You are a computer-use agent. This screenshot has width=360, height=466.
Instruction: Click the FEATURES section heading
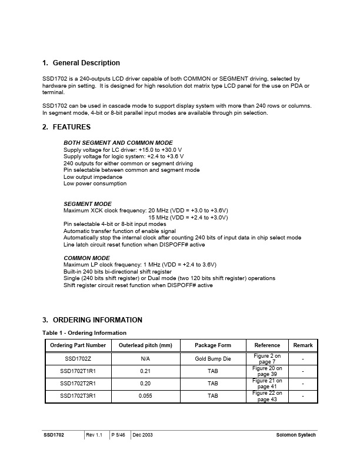click(71, 127)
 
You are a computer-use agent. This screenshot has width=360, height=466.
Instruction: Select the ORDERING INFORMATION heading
click(97, 320)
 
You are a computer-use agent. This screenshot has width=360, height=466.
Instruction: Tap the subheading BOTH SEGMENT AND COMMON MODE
click(118, 143)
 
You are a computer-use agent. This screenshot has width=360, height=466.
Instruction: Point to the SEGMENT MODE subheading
click(88, 204)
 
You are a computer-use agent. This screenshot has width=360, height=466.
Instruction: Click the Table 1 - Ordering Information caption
click(84, 333)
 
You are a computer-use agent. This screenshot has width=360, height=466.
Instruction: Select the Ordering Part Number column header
click(78, 345)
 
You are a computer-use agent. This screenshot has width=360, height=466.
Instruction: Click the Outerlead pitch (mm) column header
click(145, 345)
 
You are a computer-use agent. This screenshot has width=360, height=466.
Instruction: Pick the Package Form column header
click(212, 345)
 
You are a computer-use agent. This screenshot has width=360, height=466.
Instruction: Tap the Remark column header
click(303, 345)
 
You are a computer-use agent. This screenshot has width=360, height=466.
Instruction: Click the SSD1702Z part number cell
click(78, 358)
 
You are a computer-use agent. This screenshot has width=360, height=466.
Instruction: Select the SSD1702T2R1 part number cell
click(78, 384)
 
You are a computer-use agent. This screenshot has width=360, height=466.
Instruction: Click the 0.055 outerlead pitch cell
click(145, 397)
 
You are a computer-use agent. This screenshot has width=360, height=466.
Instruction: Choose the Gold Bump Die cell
click(212, 358)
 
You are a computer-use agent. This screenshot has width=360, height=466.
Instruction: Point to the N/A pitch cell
click(145, 358)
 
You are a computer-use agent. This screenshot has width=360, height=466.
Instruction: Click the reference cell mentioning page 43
click(268, 397)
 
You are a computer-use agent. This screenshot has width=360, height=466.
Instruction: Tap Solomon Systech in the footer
click(296, 435)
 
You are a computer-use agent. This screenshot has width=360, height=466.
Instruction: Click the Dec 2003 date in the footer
click(144, 435)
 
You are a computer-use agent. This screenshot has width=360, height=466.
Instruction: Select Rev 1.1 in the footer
click(94, 435)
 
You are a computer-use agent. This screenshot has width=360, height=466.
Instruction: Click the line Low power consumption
click(95, 184)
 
